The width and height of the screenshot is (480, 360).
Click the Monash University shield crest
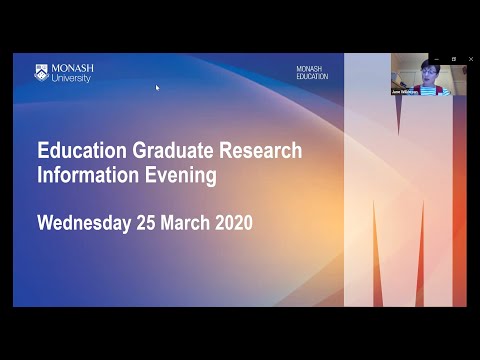[x=41, y=72]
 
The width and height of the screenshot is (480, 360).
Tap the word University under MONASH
[x=71, y=78]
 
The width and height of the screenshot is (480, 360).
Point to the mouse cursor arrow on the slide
[x=157, y=87]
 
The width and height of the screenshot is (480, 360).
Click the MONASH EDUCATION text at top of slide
[x=311, y=73]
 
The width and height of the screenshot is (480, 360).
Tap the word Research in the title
[x=257, y=151]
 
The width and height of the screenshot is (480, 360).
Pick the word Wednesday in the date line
[x=84, y=223]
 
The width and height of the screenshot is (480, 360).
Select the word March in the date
[x=186, y=223]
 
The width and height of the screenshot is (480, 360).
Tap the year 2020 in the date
[x=233, y=223]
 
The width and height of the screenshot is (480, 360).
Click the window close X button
[x=469, y=59]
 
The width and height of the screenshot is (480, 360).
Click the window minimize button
[x=437, y=59]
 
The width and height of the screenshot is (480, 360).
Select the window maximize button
[x=453, y=59]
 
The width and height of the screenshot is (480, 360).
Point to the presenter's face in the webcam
[x=428, y=69]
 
